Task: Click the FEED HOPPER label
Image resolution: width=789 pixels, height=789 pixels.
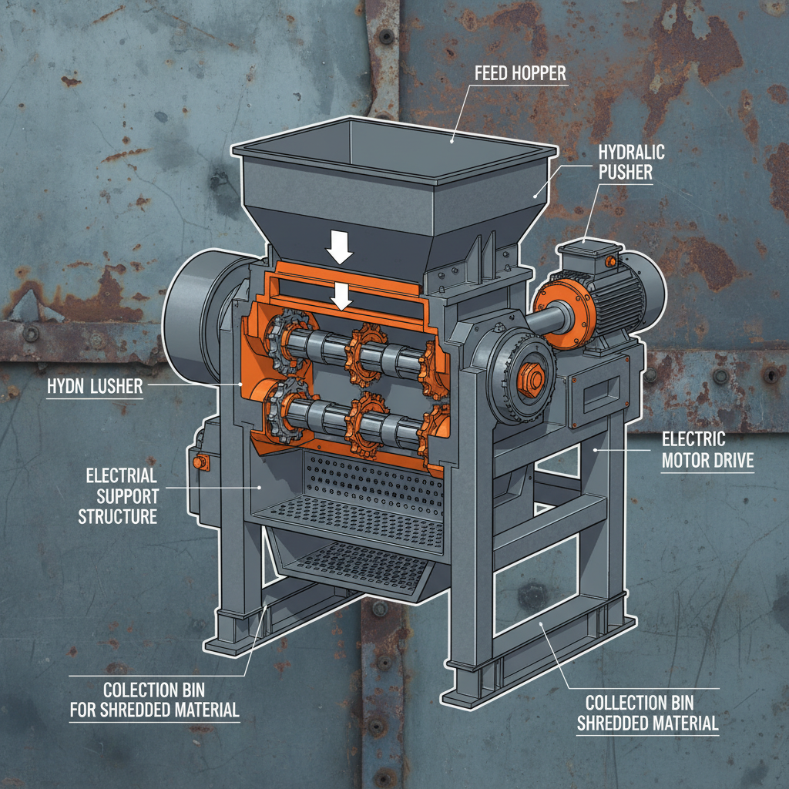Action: (x=520, y=74)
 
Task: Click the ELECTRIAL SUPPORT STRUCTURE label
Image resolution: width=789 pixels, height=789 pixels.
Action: (x=117, y=495)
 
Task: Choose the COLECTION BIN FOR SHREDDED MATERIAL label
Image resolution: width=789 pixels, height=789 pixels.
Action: (x=154, y=700)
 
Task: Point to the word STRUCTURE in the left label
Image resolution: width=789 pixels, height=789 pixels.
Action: (x=117, y=515)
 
